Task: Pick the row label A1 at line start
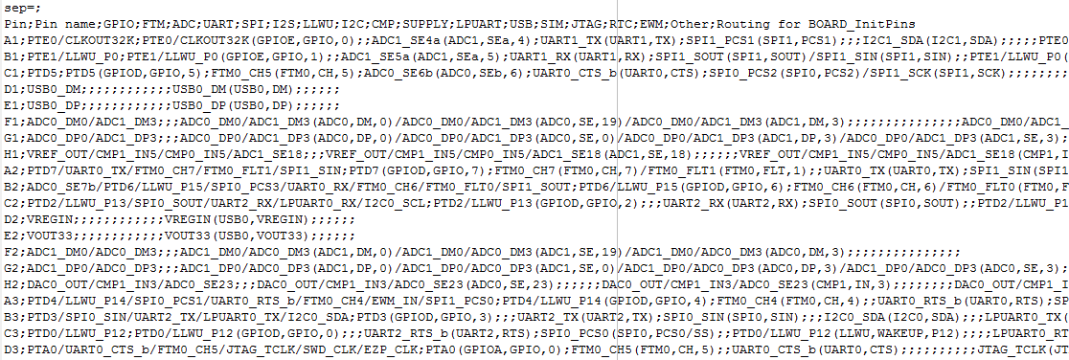coord(11,42)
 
